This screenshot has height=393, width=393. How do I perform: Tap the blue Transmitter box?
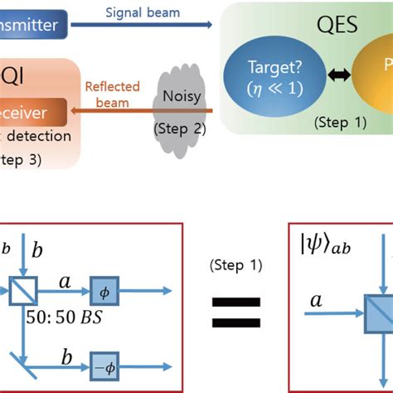coord(30,26)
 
